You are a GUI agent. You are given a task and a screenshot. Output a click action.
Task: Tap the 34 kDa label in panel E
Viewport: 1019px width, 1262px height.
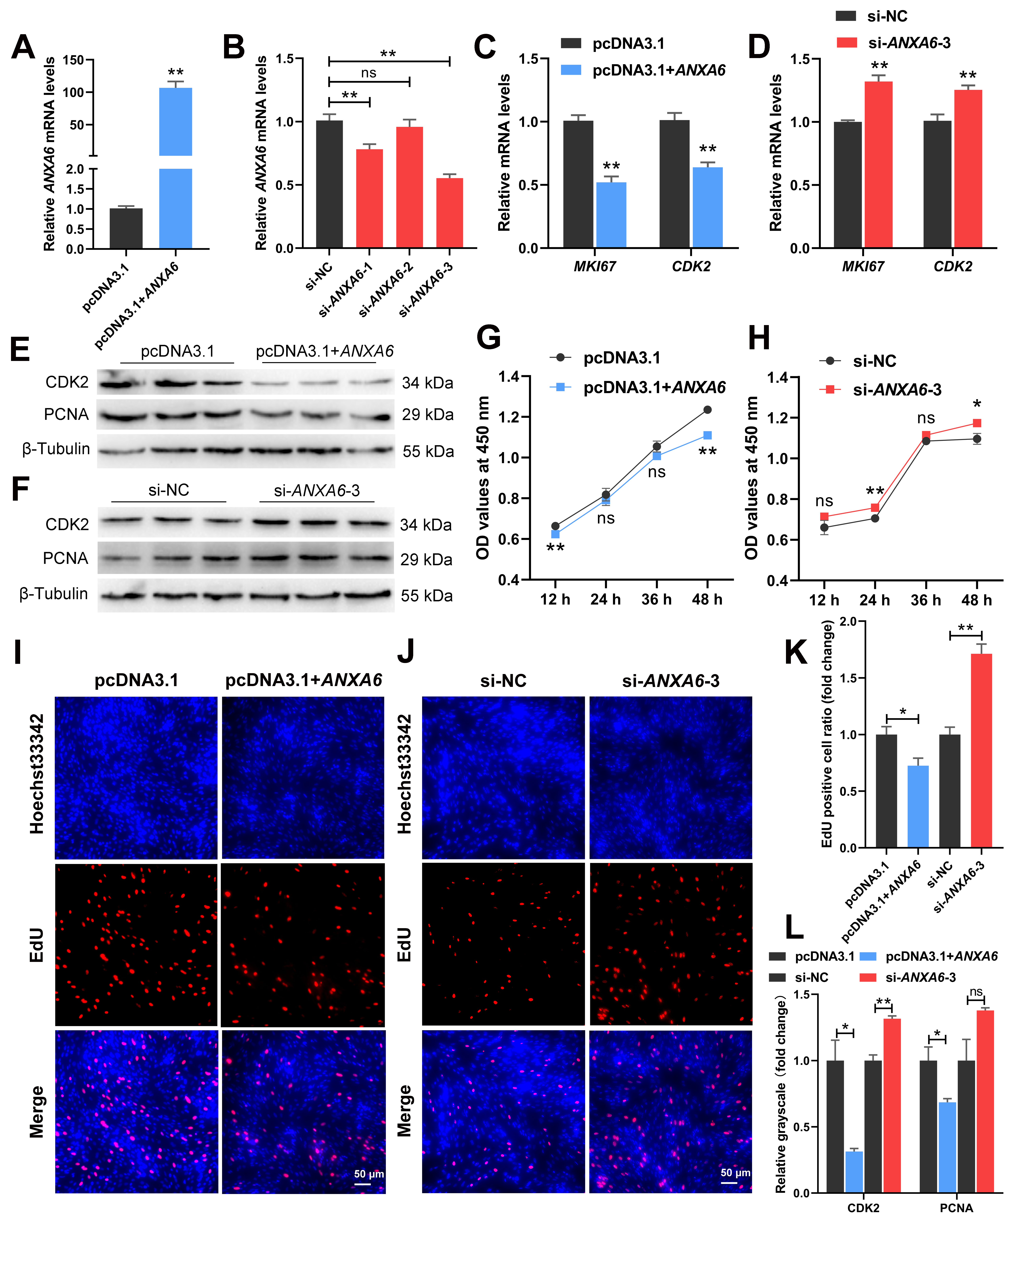pyautogui.click(x=427, y=383)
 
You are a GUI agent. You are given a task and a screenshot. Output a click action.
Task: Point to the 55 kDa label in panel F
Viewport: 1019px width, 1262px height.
pyautogui.click(x=427, y=596)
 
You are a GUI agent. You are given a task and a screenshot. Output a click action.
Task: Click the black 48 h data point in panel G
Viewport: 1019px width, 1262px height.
pyautogui.click(x=707, y=410)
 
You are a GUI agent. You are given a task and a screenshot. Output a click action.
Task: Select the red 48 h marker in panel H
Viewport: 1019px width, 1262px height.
pyautogui.click(x=977, y=423)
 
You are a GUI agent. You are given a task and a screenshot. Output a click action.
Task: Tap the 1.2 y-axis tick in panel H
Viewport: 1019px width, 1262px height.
pyautogui.click(x=778, y=418)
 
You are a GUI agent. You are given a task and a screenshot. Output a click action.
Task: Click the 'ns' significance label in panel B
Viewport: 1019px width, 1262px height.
pyautogui.click(x=369, y=73)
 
